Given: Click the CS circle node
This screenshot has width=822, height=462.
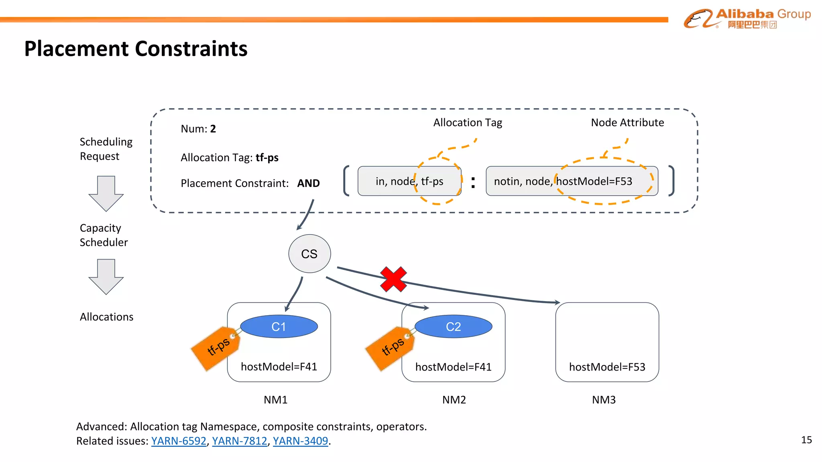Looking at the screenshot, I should pos(309,254).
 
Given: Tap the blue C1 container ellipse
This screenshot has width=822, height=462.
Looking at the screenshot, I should pos(279,326).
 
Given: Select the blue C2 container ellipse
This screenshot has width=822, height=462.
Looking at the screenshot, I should pos(453,326).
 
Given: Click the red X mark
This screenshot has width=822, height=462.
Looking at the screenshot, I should pos(393,279).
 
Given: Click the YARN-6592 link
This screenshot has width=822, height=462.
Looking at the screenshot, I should pos(179,441).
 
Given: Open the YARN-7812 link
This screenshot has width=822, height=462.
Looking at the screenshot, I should pos(239,441).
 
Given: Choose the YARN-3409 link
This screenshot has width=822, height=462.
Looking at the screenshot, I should pos(300,441).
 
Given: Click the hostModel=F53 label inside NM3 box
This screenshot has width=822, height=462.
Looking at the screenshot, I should pos(607,367).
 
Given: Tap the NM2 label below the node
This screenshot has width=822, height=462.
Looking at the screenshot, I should pos(454,400).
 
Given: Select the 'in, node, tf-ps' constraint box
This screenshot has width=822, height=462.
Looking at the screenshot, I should pos(409,181).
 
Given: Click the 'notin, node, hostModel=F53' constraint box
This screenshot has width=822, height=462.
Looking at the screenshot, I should pos(572,181).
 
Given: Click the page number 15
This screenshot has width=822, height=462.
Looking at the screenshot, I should pos(806,440).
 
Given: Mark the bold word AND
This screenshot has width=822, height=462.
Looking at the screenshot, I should pos(308,183).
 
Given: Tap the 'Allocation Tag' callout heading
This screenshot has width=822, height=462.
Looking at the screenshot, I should pos(468,123).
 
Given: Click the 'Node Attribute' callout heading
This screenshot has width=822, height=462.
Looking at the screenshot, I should pos(627,123).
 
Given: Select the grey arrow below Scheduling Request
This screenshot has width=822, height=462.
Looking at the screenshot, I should pos(106,193).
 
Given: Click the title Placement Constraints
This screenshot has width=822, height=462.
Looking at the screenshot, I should pos(136,49).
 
